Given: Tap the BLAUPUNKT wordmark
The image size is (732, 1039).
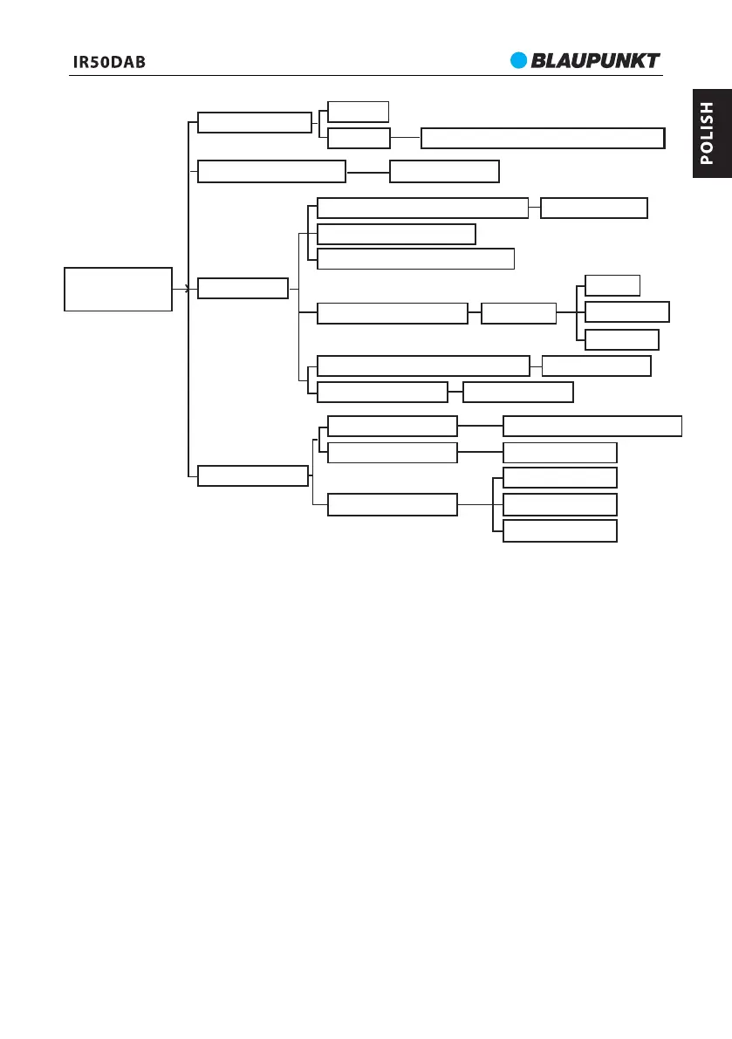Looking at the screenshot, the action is click(597, 60).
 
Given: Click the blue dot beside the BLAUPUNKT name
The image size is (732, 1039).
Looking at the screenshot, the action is click(520, 60).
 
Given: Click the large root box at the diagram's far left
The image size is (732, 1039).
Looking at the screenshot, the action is click(118, 289).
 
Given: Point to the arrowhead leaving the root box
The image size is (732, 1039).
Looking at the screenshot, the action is click(186, 289).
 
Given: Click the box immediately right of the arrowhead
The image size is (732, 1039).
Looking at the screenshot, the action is click(243, 289).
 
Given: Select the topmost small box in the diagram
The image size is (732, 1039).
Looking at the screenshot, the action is click(358, 111).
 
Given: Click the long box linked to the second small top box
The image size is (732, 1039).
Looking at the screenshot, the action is click(542, 138).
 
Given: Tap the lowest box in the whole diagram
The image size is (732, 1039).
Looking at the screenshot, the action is click(560, 530).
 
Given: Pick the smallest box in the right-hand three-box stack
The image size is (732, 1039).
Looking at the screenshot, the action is click(612, 285).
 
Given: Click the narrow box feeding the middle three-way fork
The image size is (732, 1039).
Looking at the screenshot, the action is click(518, 313).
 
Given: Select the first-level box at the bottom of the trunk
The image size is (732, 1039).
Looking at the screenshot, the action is click(253, 475).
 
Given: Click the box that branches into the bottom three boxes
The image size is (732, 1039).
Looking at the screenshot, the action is click(392, 504).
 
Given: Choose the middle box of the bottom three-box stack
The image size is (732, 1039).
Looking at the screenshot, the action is click(560, 504).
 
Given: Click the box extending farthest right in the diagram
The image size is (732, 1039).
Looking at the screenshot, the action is click(592, 426).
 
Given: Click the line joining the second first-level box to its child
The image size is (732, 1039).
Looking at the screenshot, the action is click(367, 172).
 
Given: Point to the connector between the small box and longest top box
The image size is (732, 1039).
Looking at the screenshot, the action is click(405, 138).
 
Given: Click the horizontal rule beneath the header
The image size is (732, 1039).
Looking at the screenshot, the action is click(366, 75).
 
